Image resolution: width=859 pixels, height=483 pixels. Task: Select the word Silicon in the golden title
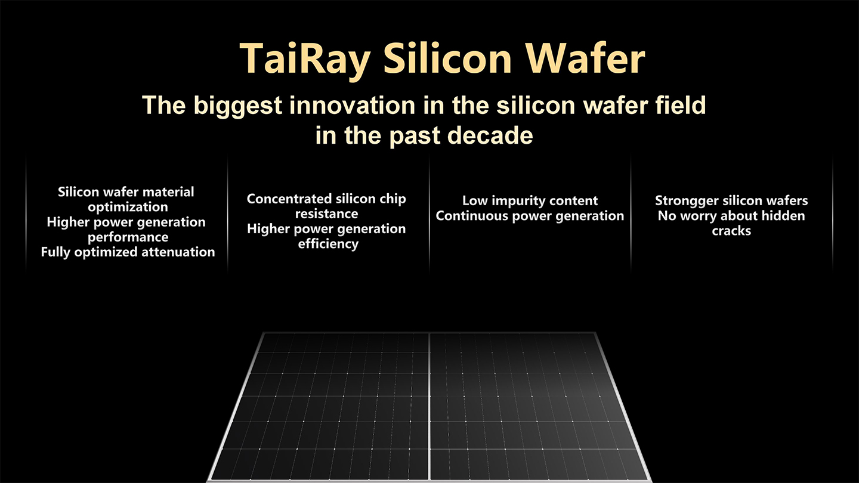click(447, 58)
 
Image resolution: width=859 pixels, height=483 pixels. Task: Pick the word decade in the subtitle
click(490, 135)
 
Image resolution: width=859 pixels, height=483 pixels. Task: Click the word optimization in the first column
click(128, 208)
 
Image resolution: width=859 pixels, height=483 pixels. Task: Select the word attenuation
click(178, 252)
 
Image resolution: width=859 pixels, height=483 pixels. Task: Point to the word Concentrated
click(289, 199)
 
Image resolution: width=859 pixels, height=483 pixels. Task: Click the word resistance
click(327, 213)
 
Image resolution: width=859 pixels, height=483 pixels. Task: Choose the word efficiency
click(328, 244)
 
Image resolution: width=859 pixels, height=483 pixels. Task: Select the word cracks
click(731, 231)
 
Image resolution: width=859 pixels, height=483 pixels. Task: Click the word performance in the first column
click(128, 237)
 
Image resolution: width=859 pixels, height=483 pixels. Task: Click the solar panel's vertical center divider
click(429, 406)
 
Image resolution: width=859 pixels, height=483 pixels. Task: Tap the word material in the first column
click(168, 191)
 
